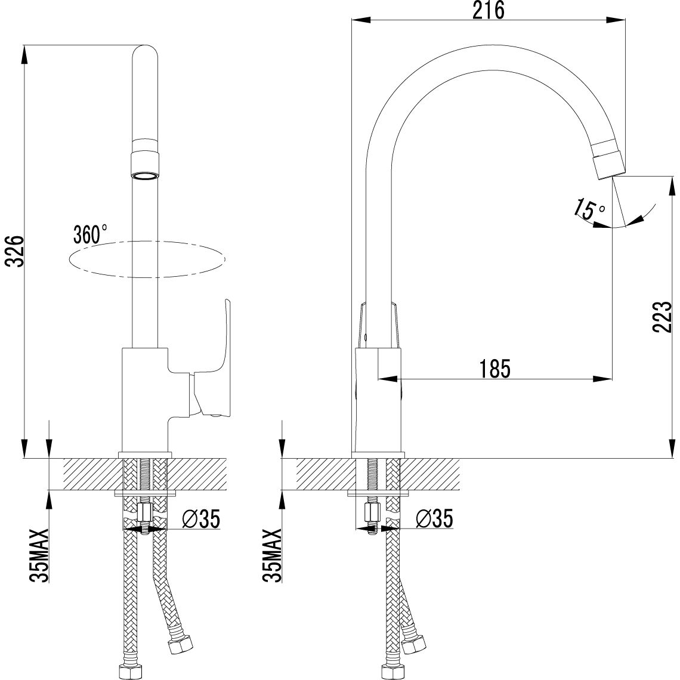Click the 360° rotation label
coord(90,233)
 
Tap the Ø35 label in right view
coord(434,519)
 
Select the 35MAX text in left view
coord(38,555)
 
